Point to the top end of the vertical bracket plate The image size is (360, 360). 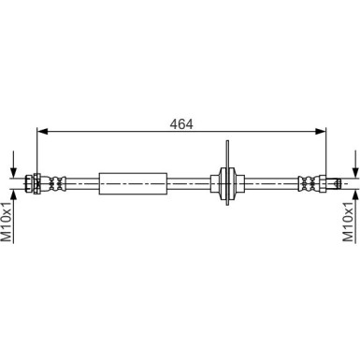(229, 142)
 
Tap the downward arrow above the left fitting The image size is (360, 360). (13, 169)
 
